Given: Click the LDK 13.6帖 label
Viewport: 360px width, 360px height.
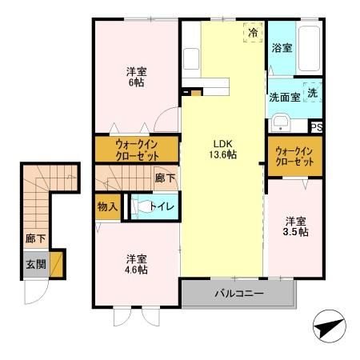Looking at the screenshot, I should click(x=222, y=147).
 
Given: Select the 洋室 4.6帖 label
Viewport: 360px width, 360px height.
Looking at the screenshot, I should click(x=135, y=265).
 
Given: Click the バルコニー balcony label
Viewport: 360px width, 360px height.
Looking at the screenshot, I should click(x=238, y=294).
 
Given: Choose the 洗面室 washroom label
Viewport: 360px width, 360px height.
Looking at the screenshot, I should click(x=285, y=97).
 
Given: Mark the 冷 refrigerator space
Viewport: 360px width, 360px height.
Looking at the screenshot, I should click(x=253, y=34).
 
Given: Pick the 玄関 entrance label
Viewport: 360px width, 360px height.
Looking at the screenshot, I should click(x=34, y=266).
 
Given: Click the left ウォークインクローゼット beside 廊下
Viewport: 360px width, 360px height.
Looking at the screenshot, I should click(x=136, y=150).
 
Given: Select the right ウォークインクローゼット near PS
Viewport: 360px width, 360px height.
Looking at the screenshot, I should click(x=294, y=154).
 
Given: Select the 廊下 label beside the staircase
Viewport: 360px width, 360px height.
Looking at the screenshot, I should click(x=34, y=238).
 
